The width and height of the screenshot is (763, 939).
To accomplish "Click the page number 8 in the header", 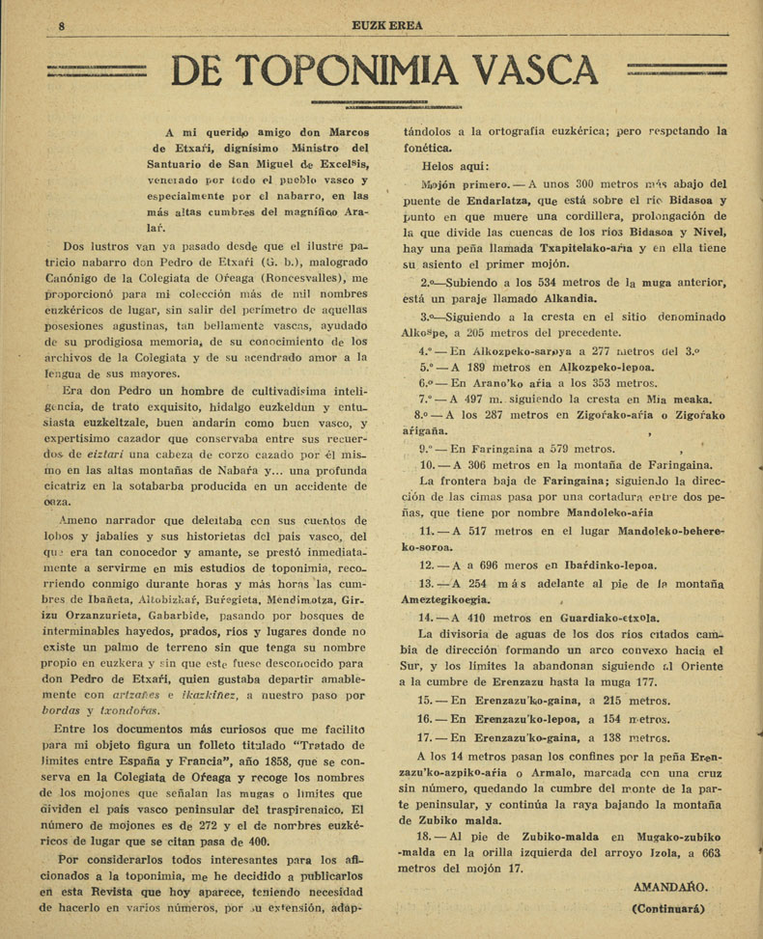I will [61, 25].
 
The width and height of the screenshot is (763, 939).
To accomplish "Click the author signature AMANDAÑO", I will [671, 887].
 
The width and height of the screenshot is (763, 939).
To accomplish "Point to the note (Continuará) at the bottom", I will [668, 907].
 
